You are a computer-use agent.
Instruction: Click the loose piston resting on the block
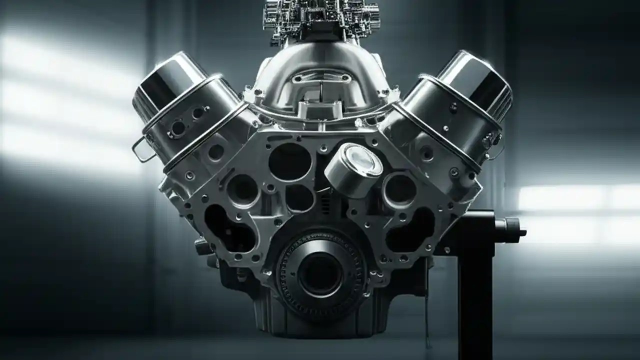(353, 170)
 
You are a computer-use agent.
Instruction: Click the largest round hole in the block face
(289, 161)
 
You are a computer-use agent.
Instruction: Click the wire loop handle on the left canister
(141, 150)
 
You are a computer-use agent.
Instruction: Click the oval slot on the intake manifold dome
(320, 78)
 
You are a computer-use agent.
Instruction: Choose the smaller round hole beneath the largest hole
(299, 198)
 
